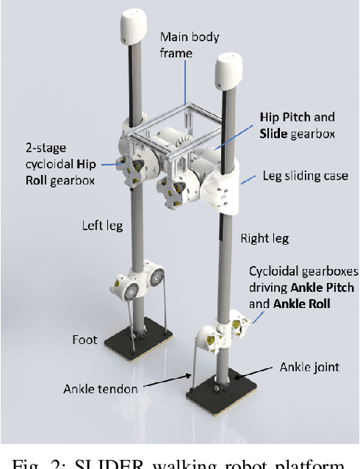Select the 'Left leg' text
pos(101,226)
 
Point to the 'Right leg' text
pos(264,238)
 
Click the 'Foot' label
pos(84,340)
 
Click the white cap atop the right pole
pos(228,71)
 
